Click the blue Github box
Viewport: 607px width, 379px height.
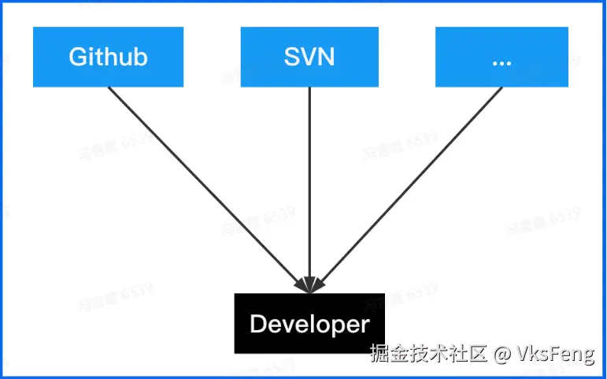click(x=108, y=57)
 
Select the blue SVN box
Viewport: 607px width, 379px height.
click(x=309, y=57)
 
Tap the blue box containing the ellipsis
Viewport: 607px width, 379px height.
click(x=502, y=57)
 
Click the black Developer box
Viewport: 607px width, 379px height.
click(x=309, y=323)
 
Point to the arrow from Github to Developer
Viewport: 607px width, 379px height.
click(x=205, y=185)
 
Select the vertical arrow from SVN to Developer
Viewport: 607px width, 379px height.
click(x=309, y=185)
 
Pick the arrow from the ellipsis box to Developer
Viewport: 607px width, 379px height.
click(x=409, y=185)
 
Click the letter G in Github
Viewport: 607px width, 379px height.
click(x=77, y=57)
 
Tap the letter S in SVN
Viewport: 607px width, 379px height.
click(x=291, y=57)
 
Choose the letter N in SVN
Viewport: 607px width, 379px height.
click(x=325, y=57)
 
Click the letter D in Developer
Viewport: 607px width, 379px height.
click(x=258, y=324)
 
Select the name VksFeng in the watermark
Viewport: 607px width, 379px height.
click(x=555, y=355)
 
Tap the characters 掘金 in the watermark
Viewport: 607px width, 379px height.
click(x=390, y=355)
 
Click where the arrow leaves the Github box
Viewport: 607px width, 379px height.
click(x=109, y=87)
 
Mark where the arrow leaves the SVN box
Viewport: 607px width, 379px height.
click(x=309, y=87)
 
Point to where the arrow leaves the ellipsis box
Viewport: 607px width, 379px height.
click(x=501, y=87)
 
